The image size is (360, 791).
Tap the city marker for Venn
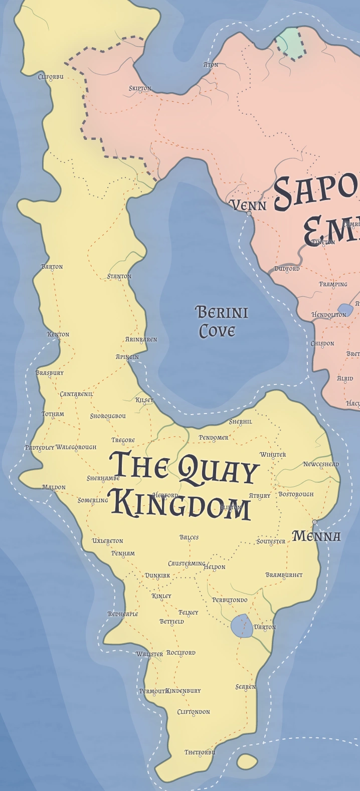[249, 214]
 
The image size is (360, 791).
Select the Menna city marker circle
[315, 522]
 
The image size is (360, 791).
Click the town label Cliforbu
[51, 77]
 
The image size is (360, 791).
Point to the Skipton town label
[140, 88]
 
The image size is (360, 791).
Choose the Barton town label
[52, 267]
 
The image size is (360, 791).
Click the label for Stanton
[119, 276]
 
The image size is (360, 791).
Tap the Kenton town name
[58, 334]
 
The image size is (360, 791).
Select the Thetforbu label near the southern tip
[200, 752]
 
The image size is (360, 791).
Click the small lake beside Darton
[242, 626]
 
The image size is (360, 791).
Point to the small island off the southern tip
[247, 761]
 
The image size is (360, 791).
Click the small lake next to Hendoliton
[345, 309]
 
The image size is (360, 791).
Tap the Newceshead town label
[321, 464]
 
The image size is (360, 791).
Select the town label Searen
[246, 687]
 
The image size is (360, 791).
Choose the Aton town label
[211, 65]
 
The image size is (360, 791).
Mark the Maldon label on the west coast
[54, 487]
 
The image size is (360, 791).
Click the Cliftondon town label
[194, 712]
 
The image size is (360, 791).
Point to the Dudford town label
[287, 269]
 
